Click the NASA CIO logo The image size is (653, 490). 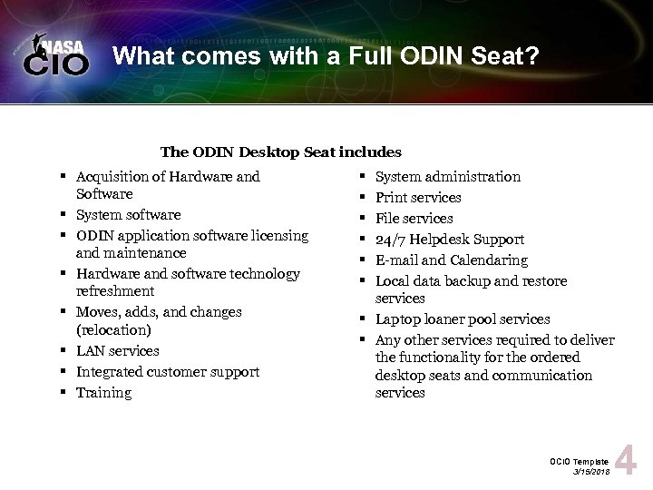56,54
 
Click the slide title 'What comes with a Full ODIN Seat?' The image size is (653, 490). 326,56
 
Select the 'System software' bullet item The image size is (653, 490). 128,215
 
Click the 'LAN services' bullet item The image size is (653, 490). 118,351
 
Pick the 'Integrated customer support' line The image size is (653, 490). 168,372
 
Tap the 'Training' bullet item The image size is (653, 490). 103,393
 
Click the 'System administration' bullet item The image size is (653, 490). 447,177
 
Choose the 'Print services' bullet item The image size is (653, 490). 418,198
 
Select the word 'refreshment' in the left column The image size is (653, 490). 115,291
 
